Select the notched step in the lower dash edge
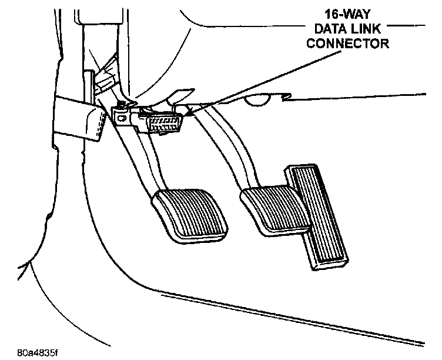pos(287,96)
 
